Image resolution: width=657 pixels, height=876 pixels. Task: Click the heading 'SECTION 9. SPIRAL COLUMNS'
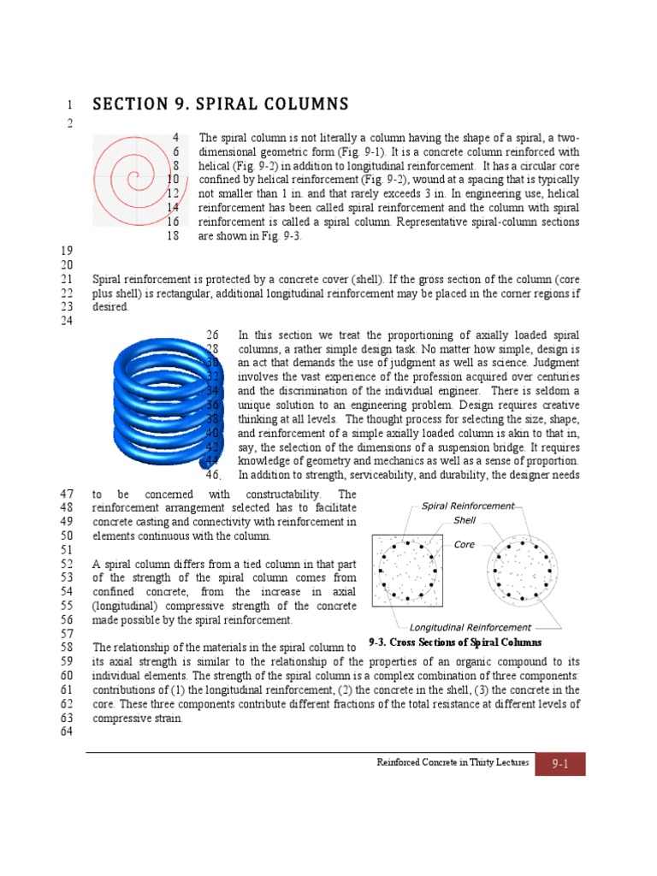tap(221, 104)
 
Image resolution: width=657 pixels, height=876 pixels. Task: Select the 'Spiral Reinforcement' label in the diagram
tap(468, 506)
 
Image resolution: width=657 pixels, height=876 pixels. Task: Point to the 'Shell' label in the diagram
tap(465, 519)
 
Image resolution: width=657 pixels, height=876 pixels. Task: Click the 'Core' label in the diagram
tap(464, 544)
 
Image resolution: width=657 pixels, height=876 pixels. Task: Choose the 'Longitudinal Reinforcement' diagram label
tap(471, 627)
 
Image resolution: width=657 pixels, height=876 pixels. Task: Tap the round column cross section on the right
tap(523, 571)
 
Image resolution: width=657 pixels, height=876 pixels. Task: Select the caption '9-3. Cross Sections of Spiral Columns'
tap(455, 642)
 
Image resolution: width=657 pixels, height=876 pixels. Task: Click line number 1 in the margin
tap(68, 105)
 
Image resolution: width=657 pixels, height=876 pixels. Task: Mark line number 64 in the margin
tap(65, 732)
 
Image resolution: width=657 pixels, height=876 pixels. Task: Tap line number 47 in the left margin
tap(65, 494)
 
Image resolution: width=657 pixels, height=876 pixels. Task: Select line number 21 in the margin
tap(65, 280)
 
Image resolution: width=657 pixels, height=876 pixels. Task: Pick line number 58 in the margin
tap(65, 648)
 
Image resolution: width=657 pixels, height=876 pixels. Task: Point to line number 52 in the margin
tap(65, 565)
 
